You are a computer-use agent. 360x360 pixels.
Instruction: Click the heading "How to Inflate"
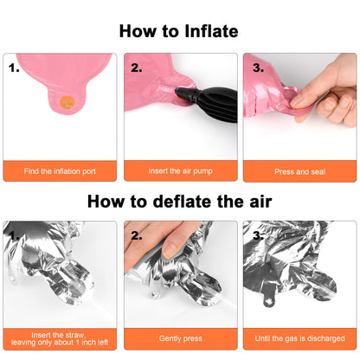point(178,31)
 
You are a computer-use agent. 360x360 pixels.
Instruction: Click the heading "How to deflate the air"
point(179,201)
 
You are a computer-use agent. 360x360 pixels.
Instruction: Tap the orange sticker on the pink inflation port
point(67,102)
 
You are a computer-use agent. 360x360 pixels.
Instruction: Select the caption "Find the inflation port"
point(60,171)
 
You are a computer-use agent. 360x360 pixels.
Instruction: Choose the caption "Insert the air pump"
point(181,171)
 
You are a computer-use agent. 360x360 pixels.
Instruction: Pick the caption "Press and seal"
point(300,172)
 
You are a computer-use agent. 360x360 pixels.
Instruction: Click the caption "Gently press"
point(181,338)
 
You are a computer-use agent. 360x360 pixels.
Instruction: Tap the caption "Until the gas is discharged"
point(299,338)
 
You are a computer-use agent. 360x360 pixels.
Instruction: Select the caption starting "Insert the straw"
point(60,338)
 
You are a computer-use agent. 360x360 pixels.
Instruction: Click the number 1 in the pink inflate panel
point(14,68)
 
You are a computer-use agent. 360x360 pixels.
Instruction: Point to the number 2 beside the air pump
point(137,68)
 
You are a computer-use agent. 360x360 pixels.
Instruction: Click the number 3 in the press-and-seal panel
point(258,68)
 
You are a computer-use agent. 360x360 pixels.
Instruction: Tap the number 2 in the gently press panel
point(137,236)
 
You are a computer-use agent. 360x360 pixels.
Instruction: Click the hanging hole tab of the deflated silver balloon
point(269,300)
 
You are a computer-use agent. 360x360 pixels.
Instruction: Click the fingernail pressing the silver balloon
point(170,250)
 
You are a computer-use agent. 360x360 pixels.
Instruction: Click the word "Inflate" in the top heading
point(211,31)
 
